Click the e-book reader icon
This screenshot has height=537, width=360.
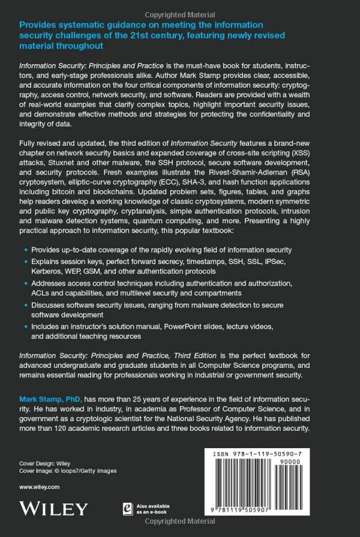(x=144, y=509)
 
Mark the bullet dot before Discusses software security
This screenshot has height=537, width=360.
(x=25, y=304)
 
